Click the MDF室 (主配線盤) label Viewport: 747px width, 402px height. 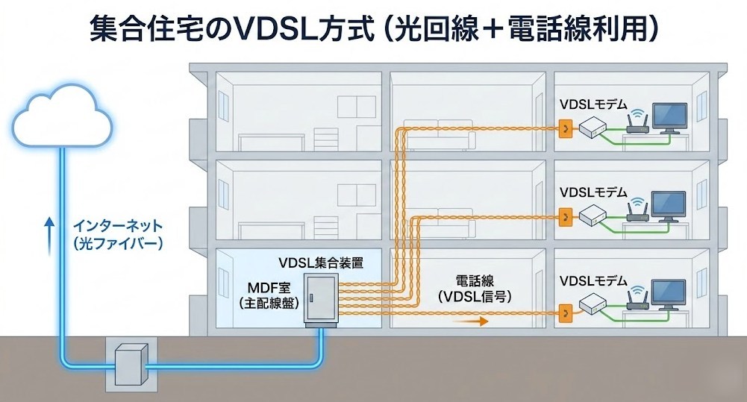click(x=266, y=295)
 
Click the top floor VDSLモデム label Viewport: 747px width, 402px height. click(x=593, y=104)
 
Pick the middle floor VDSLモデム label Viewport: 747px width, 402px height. click(x=593, y=192)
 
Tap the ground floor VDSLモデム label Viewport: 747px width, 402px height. click(x=593, y=283)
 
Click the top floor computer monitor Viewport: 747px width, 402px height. click(x=669, y=119)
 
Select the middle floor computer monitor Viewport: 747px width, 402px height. click(x=669, y=206)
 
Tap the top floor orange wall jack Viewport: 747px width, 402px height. click(x=566, y=131)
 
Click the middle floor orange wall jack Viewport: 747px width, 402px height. click(x=566, y=218)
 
